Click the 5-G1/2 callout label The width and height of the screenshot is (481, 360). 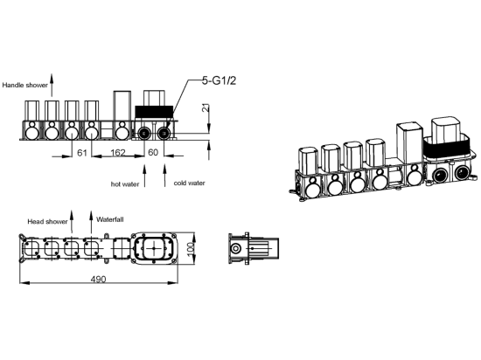(219, 81)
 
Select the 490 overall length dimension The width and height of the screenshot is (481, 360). (98, 279)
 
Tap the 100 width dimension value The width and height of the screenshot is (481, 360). (191, 248)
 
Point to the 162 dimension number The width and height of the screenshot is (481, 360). (118, 152)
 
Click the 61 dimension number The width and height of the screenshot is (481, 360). (82, 152)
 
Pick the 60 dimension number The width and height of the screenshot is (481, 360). (153, 152)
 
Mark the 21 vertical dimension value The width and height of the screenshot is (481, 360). (206, 107)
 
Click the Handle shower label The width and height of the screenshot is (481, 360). (25, 85)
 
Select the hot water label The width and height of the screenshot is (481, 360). (125, 184)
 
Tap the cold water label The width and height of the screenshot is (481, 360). (189, 183)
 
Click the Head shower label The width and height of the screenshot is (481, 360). (47, 222)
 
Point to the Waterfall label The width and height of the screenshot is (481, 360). (110, 219)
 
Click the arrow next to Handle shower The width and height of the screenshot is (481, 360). (52, 85)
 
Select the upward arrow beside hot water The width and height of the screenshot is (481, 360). (145, 176)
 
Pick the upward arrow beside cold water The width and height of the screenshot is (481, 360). (164, 176)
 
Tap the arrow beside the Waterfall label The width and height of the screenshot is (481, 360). (91, 222)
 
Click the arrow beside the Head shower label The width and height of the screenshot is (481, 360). (72, 222)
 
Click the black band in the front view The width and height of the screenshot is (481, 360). (154, 111)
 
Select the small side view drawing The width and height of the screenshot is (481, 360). (254, 248)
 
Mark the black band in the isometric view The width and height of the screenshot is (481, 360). (447, 149)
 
